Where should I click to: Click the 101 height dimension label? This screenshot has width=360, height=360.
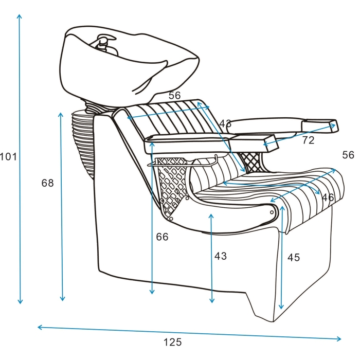click(x=8, y=157)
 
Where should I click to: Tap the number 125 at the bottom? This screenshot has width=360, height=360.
click(x=172, y=342)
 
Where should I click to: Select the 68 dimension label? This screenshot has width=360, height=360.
click(x=47, y=183)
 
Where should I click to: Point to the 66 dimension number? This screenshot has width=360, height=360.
click(x=162, y=237)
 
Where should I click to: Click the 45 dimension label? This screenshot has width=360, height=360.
click(x=294, y=257)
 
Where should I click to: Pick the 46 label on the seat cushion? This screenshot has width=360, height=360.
click(x=328, y=197)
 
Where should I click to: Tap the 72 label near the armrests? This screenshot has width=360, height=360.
click(x=308, y=140)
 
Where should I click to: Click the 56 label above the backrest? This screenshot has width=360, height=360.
click(x=174, y=95)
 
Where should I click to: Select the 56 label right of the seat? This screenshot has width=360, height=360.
click(x=348, y=155)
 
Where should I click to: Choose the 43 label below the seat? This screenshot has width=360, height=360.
click(x=221, y=256)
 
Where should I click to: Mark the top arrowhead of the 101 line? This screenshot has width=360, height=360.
click(x=20, y=16)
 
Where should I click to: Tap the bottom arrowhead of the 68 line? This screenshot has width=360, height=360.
click(x=62, y=298)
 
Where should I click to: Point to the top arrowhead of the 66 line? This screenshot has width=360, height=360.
click(x=152, y=144)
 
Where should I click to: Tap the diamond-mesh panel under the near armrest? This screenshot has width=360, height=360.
click(x=172, y=184)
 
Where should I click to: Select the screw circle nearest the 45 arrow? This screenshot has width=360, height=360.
click(x=272, y=212)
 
